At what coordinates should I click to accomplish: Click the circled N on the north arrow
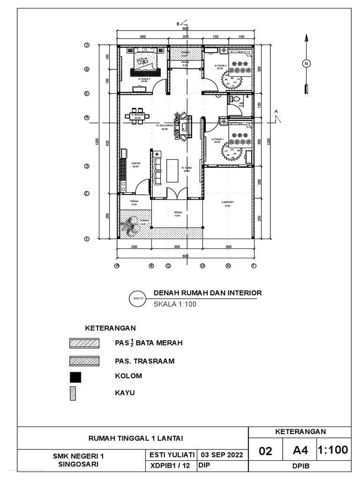[306, 64]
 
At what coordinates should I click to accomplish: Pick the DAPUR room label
[135, 165]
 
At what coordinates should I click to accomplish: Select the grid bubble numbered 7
[87, 45]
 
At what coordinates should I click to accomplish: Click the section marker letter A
[277, 111]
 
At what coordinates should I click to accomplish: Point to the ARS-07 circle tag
[137, 298]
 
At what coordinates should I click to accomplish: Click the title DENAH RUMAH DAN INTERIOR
[208, 293]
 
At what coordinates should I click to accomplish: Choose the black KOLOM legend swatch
[75, 377]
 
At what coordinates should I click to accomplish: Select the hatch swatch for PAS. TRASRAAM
[84, 361]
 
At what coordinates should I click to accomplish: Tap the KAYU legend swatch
[73, 393]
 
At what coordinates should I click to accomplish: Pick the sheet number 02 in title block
[265, 451]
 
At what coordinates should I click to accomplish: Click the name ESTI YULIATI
[172, 455]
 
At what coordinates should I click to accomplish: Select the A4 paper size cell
[300, 450]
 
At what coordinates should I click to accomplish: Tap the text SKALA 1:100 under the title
[174, 303]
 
